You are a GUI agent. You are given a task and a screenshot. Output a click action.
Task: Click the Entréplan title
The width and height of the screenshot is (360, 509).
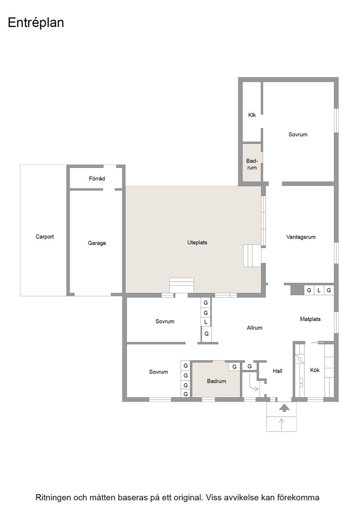point(36,23)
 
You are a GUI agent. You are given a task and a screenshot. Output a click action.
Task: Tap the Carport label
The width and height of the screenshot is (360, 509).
point(45,237)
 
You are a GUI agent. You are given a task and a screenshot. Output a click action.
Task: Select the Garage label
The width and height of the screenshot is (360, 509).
point(97,243)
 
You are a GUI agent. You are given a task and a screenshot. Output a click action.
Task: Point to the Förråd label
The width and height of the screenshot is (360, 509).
point(97,178)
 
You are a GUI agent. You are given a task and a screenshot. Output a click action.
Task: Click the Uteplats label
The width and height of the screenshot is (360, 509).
point(197,243)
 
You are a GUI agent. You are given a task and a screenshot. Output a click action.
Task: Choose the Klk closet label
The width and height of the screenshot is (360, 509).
point(252,115)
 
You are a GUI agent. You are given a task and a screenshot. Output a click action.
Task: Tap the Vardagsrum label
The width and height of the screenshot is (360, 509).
point(301,237)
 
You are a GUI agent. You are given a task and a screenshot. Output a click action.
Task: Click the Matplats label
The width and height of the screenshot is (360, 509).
point(310,319)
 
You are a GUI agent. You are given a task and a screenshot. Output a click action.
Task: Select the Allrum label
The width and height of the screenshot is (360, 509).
point(254,328)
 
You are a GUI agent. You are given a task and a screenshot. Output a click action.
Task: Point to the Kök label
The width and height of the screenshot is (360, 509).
point(315,370)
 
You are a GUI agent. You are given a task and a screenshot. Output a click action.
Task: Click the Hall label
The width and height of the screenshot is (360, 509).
point(278,371)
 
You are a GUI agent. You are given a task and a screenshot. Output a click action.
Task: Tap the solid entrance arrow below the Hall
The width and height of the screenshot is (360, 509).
point(284,408)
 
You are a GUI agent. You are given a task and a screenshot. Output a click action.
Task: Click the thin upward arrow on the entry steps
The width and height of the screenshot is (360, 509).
point(282,424)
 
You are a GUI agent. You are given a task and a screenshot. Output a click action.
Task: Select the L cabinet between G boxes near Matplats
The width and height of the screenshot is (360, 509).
point(319,290)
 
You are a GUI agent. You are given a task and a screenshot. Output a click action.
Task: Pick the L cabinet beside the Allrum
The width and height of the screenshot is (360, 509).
point(206,322)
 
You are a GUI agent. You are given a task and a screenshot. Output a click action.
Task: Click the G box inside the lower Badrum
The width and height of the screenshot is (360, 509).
point(234,367)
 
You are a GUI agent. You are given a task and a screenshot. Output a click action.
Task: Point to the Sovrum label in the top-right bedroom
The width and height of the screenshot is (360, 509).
point(298,135)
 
